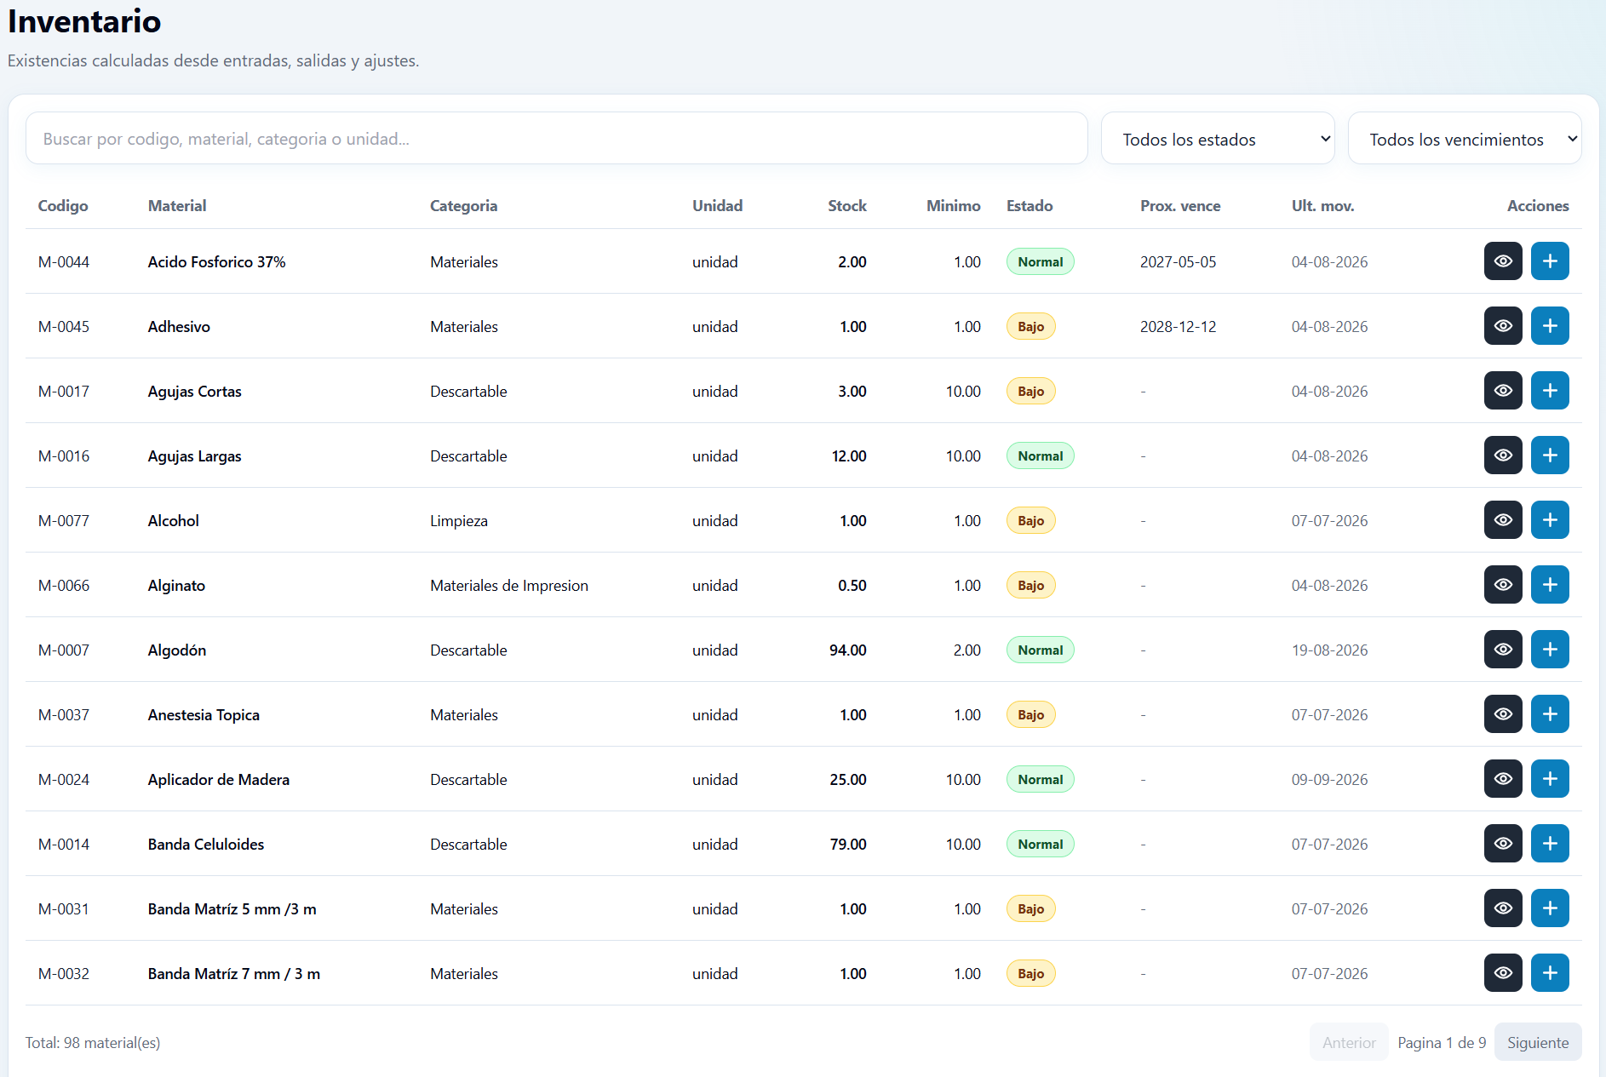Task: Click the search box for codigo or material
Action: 556,138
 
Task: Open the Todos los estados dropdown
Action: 1218,138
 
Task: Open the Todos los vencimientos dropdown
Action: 1465,138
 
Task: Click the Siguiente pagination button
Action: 1538,1042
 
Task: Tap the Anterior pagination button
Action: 1349,1042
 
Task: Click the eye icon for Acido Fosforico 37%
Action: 1503,261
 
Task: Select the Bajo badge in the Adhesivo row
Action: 1030,326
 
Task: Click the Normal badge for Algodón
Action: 1040,650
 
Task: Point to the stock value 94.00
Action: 847,650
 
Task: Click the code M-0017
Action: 64,391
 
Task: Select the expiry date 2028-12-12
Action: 1178,326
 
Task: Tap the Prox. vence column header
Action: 1180,205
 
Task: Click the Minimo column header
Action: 953,205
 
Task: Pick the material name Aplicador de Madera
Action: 219,779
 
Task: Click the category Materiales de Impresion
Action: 509,585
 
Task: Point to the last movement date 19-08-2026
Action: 1329,650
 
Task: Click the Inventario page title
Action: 84,21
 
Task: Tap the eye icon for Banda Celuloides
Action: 1503,843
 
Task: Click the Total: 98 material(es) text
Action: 93,1042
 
